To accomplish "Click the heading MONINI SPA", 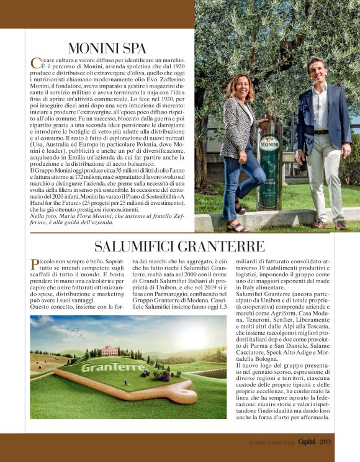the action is (107, 48).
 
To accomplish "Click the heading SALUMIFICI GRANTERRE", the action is (179, 245).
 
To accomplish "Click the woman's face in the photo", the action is (240, 86).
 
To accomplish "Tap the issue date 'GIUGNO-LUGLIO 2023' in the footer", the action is (264, 442).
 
